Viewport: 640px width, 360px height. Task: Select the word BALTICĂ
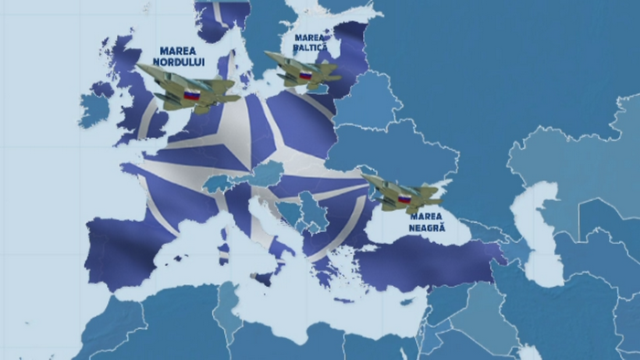click(x=310, y=48)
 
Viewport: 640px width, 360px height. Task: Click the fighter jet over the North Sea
click(x=187, y=89)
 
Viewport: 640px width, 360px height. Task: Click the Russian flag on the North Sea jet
click(x=191, y=94)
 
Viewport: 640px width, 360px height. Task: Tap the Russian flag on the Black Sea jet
click(x=402, y=197)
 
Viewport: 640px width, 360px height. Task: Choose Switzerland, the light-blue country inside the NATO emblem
click(x=216, y=183)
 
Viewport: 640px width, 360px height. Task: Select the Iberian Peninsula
click(x=128, y=247)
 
